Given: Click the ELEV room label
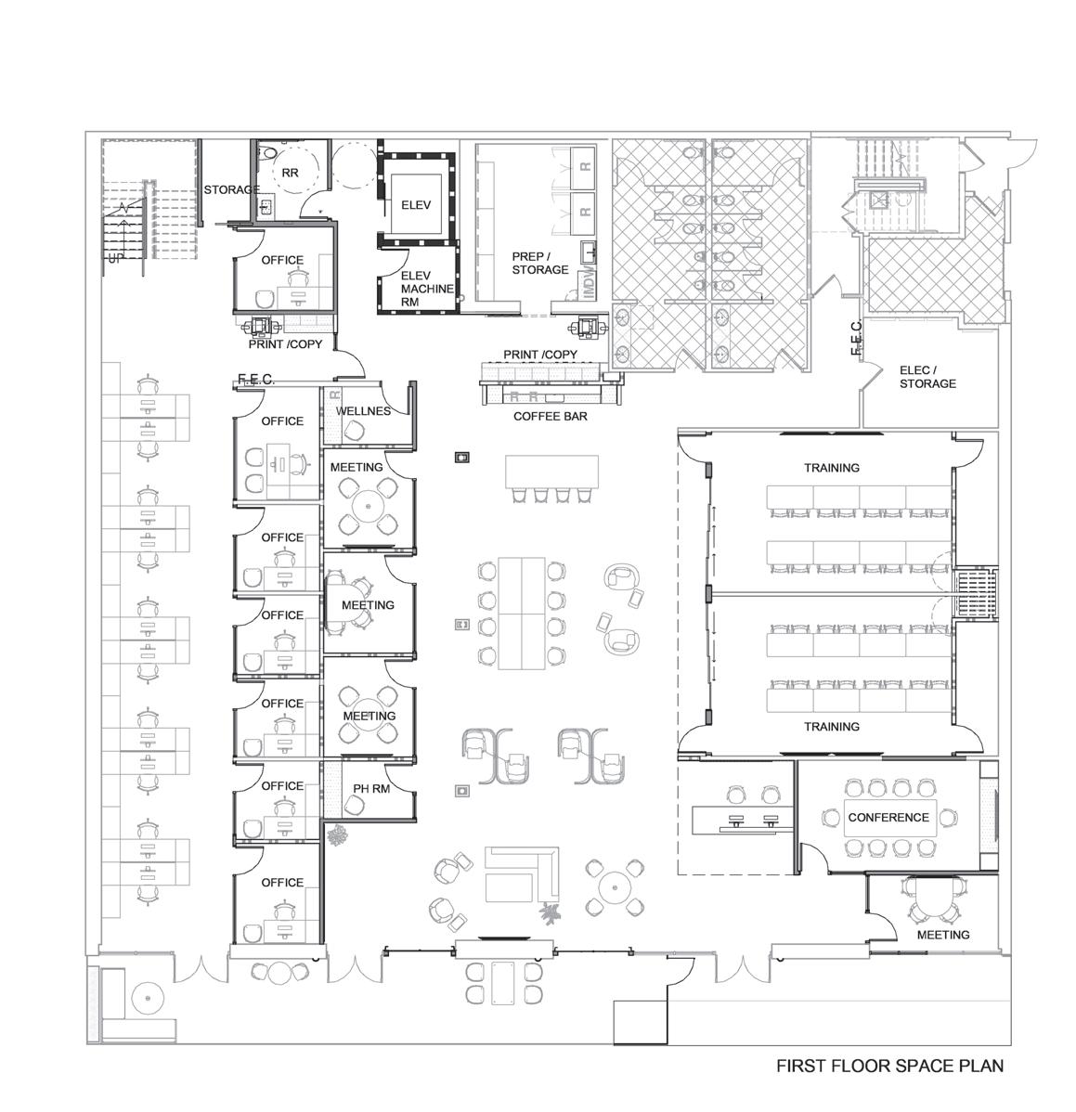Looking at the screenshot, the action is click(416, 205).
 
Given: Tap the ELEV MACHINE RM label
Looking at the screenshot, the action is click(427, 289).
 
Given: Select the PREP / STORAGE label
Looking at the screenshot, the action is click(539, 263).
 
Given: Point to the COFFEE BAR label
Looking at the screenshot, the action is click(551, 416).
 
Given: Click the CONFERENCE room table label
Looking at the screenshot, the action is click(888, 817).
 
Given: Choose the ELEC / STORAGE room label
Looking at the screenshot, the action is click(927, 377).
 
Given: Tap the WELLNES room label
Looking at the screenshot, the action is click(363, 411).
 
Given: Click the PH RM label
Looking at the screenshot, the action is click(371, 789).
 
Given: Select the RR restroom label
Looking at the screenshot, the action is click(290, 173).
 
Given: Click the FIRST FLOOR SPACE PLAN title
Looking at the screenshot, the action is click(889, 1066).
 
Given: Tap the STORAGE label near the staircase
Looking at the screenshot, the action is click(231, 190).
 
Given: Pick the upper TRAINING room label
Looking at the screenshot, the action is click(831, 468).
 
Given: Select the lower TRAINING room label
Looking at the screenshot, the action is click(831, 727).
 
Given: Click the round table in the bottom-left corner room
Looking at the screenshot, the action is click(148, 997).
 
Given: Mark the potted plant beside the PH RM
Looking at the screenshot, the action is click(336, 834).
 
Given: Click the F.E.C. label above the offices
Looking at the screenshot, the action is click(256, 380).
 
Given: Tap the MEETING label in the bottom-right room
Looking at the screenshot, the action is click(942, 936).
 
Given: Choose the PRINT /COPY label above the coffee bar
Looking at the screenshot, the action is click(539, 355).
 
